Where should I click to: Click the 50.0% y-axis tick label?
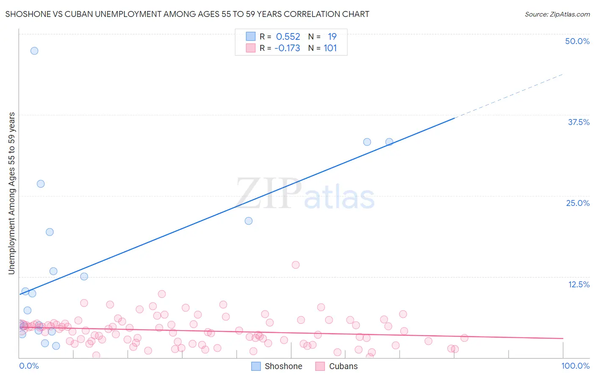pos(577,41)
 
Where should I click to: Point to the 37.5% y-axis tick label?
pos(578,122)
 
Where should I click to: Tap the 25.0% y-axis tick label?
pos(578,203)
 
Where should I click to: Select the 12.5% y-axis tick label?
pos(578,284)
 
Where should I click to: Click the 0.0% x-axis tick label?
pos(29,366)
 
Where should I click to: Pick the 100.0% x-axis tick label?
pos(575,366)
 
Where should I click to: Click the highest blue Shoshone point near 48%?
pos(34,51)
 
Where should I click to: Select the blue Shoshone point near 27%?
pos(41,184)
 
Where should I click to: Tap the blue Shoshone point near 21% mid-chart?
pos(249,221)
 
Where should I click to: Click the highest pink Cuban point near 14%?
pos(296,265)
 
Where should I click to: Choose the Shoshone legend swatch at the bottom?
pos(256,366)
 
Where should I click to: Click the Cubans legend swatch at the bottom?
pos(320,366)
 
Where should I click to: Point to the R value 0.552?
pos(288,36)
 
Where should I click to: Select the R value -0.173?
pos(287,48)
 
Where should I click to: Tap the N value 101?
pos(330,48)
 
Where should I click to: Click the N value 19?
pos(332,36)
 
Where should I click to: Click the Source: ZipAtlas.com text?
pos(557,14)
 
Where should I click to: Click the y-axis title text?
pos(11,193)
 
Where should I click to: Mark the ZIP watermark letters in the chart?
pos(269,194)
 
